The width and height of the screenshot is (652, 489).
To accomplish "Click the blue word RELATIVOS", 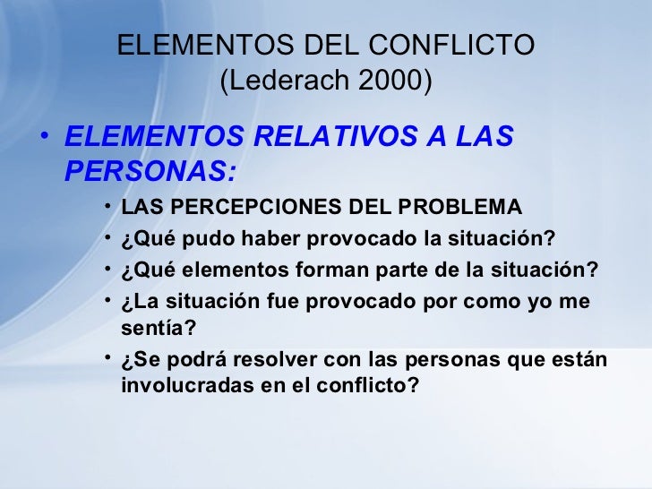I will click(x=317, y=137).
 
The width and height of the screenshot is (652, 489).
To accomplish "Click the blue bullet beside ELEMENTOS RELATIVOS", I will click(x=46, y=139).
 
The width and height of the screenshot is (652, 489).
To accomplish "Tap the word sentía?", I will click(x=159, y=329).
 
